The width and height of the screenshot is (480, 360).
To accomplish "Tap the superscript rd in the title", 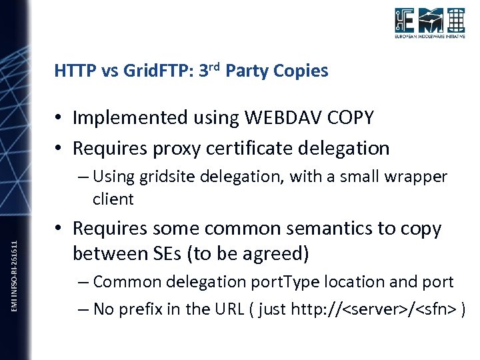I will coord(215,66).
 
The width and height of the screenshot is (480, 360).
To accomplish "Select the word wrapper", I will coord(417,177).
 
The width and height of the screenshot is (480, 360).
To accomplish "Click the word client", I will coord(113,199).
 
